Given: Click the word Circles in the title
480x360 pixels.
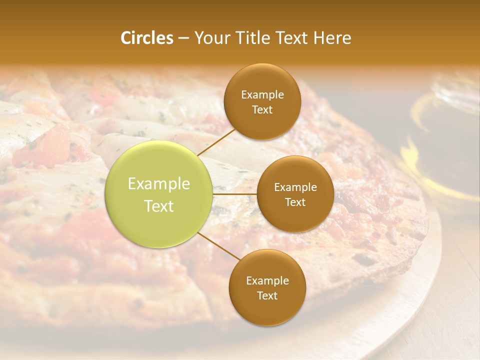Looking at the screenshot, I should point(146,38).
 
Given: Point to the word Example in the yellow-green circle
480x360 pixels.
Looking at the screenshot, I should point(159,184).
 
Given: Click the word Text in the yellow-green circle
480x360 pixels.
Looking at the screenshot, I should point(159,206).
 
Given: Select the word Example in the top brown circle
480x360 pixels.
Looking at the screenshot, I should point(262,95).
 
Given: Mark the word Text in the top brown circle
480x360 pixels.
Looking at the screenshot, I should point(262,110).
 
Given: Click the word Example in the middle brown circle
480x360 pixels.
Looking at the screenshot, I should point(295,187).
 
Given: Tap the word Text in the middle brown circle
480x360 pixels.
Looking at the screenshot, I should point(295,202).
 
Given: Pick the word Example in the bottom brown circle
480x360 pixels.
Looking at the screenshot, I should point(267,281).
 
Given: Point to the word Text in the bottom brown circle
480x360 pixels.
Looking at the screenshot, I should point(267,296).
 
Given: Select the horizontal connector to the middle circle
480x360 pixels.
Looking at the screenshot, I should point(235,194).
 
